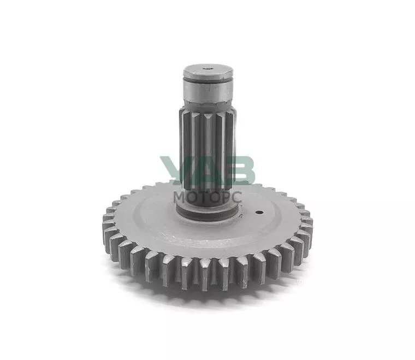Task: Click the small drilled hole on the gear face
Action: point(260,213)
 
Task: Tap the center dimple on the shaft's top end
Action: point(207,68)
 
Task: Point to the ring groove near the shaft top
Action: point(208,80)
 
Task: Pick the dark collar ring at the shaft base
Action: point(207,213)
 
